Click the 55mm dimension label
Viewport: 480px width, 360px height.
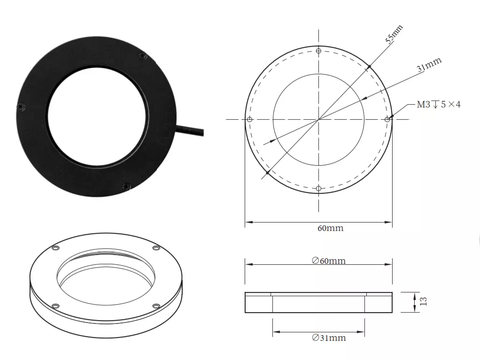(394, 34)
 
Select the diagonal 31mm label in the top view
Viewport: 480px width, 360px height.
(429, 64)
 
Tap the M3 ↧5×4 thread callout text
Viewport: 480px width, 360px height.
(439, 105)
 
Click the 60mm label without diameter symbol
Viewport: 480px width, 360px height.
(331, 228)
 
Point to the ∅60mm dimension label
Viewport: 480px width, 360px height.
(329, 260)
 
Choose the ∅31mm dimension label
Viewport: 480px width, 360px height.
(329, 337)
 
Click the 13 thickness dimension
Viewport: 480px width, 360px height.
(423, 302)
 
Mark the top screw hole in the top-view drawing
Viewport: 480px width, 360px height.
(319, 51)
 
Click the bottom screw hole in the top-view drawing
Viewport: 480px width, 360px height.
(319, 188)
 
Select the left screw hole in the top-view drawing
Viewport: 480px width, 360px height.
(249, 119)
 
